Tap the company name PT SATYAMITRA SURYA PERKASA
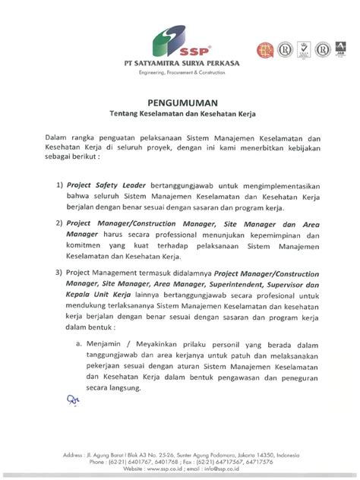pyautogui.click(x=180, y=62)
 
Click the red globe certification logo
pyautogui.click(x=266, y=51)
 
